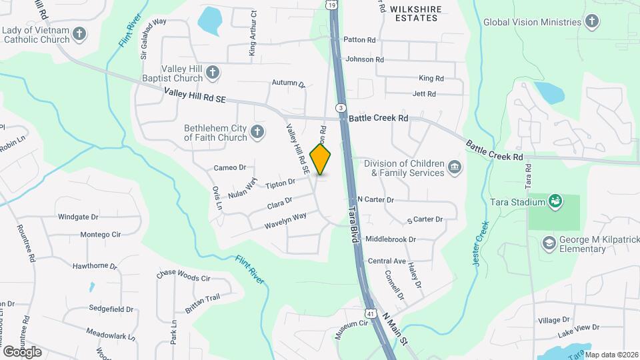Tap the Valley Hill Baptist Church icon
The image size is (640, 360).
point(213,72)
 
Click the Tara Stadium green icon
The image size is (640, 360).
point(554,201)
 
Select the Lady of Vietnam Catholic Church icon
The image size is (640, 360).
point(79,33)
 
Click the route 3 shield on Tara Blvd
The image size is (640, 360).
point(341,107)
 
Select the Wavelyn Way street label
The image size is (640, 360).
point(285,220)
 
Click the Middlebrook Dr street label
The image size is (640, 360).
point(391,239)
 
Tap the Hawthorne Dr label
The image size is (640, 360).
point(95,266)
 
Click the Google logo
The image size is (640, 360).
point(22,351)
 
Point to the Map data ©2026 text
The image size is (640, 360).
point(610,355)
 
